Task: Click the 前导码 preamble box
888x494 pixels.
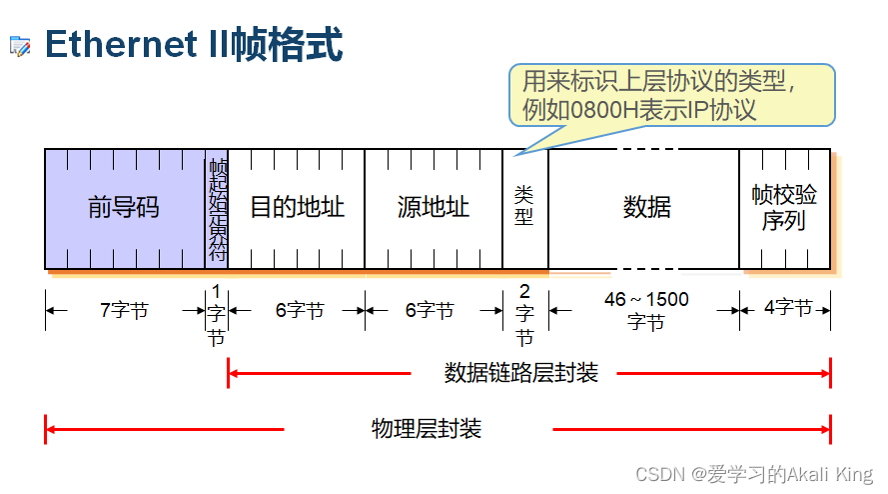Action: tap(124, 208)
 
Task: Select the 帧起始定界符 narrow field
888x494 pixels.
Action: tap(217, 209)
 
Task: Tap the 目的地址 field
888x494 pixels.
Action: tap(297, 208)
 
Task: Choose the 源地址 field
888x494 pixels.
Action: tap(434, 208)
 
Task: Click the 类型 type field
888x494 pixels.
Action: tap(524, 204)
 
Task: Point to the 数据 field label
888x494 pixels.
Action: tap(646, 208)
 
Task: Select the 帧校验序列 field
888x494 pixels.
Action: tap(784, 208)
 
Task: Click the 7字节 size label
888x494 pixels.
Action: tap(124, 311)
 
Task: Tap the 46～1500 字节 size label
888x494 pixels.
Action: tap(646, 311)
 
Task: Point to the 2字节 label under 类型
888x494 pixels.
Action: tap(525, 313)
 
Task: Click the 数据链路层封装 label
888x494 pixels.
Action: tap(520, 373)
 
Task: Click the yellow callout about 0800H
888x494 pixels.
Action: tap(671, 95)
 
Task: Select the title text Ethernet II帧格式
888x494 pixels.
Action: tap(194, 45)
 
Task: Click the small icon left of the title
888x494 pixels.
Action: tap(20, 46)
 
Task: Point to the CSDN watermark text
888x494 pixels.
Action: tap(754, 473)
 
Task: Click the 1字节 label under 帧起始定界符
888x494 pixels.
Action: tap(216, 313)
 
